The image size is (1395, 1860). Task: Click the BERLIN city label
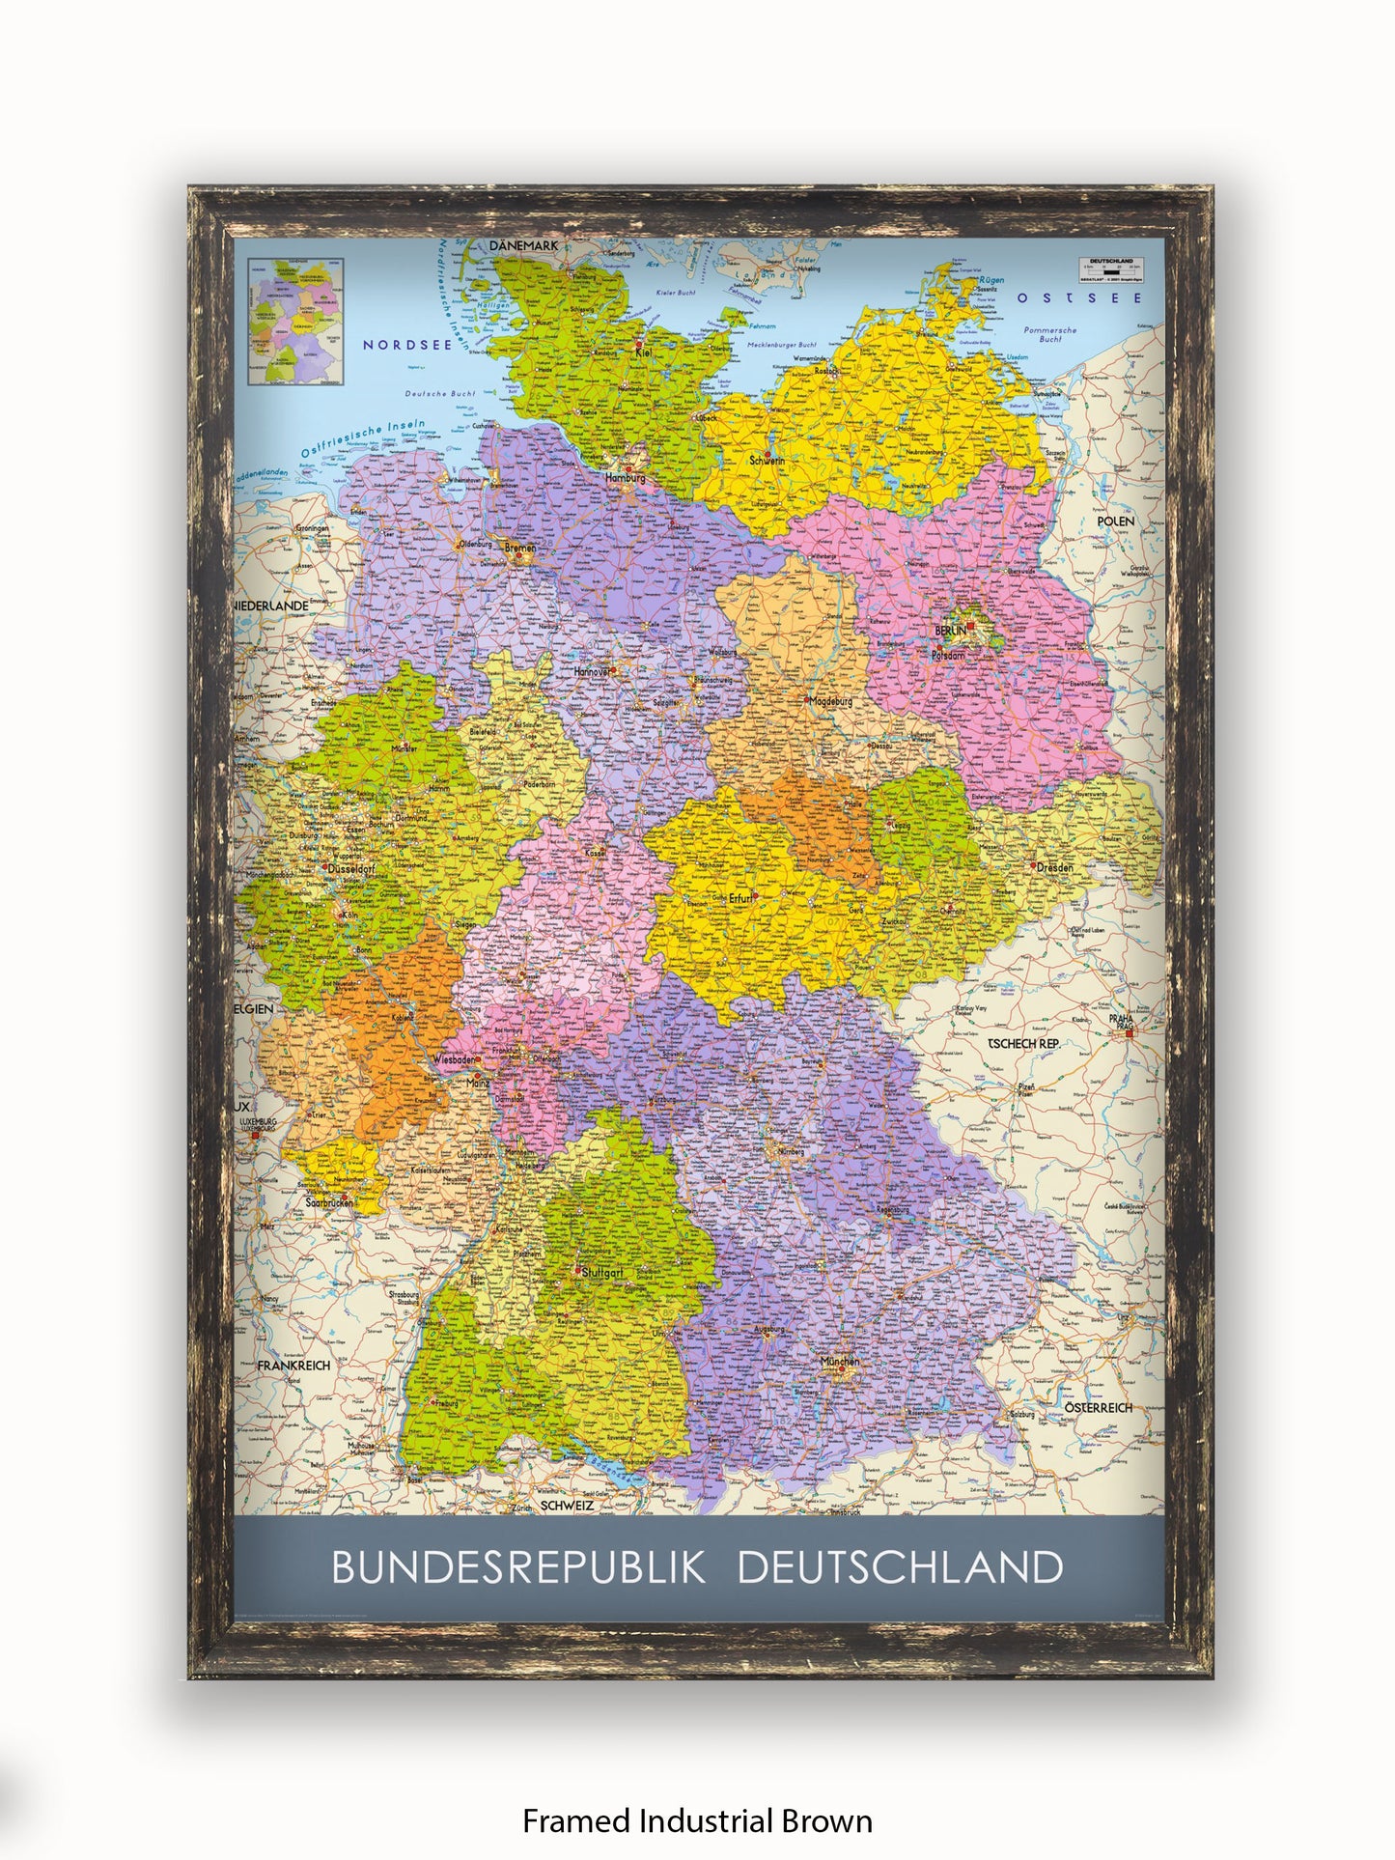[x=950, y=631]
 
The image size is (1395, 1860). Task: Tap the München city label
[x=839, y=1362]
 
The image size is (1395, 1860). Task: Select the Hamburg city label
[x=625, y=477]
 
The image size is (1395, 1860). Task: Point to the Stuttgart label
[x=601, y=1273]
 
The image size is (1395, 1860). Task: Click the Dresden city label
[x=1054, y=867]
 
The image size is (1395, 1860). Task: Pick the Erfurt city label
[x=740, y=898]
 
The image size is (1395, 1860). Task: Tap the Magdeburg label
[x=831, y=702]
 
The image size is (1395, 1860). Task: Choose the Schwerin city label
[x=767, y=461]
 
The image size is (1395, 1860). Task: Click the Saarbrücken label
[x=327, y=1203]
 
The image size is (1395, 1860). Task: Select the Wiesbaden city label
[x=454, y=1059]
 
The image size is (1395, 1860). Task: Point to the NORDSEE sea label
[x=407, y=345]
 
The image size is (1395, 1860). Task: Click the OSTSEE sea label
[x=1078, y=298]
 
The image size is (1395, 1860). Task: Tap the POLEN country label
[x=1116, y=521]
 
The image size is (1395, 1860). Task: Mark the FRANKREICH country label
[x=293, y=1366]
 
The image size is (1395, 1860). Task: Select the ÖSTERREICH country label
[x=1099, y=1408]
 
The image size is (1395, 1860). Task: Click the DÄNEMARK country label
[x=523, y=246]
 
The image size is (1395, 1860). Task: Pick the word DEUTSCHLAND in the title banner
[x=900, y=1567]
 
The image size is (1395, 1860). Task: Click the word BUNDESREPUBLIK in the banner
[x=519, y=1567]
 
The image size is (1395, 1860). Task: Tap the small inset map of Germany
[x=294, y=321]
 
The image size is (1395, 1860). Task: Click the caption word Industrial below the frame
[x=706, y=1821]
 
